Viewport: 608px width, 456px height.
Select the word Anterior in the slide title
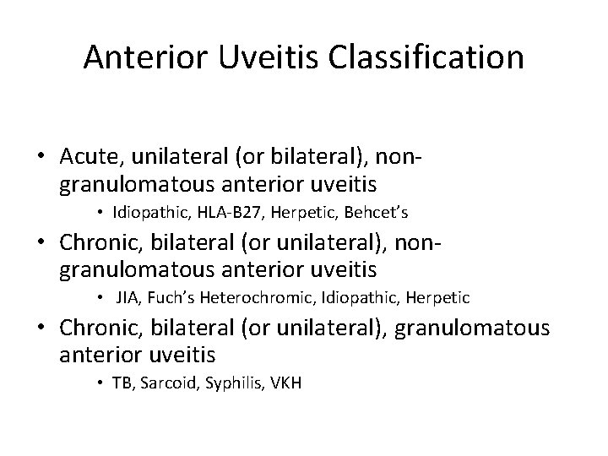pos(143,57)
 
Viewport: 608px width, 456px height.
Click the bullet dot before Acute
pos(41,158)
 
